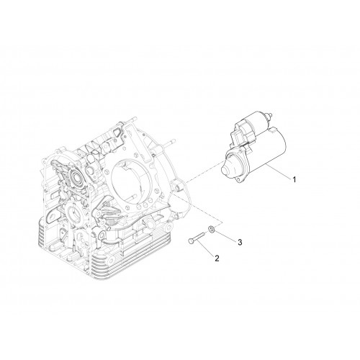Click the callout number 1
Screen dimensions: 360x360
pyautogui.click(x=294, y=179)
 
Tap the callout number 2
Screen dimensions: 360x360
pyautogui.click(x=217, y=258)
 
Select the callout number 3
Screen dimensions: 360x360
pyautogui.click(x=240, y=243)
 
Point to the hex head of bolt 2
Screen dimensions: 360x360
pyautogui.click(x=190, y=241)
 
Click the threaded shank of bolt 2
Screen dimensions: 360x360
pyautogui.click(x=199, y=238)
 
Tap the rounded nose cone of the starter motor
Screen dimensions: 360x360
pyautogui.click(x=227, y=168)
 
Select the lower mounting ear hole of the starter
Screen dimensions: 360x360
pyautogui.click(x=238, y=179)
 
